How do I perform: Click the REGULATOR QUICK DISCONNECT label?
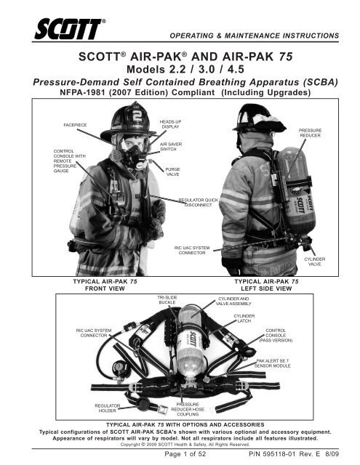[199, 201]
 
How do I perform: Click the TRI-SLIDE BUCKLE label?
[169, 301]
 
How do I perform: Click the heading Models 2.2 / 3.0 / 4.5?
[180, 69]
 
